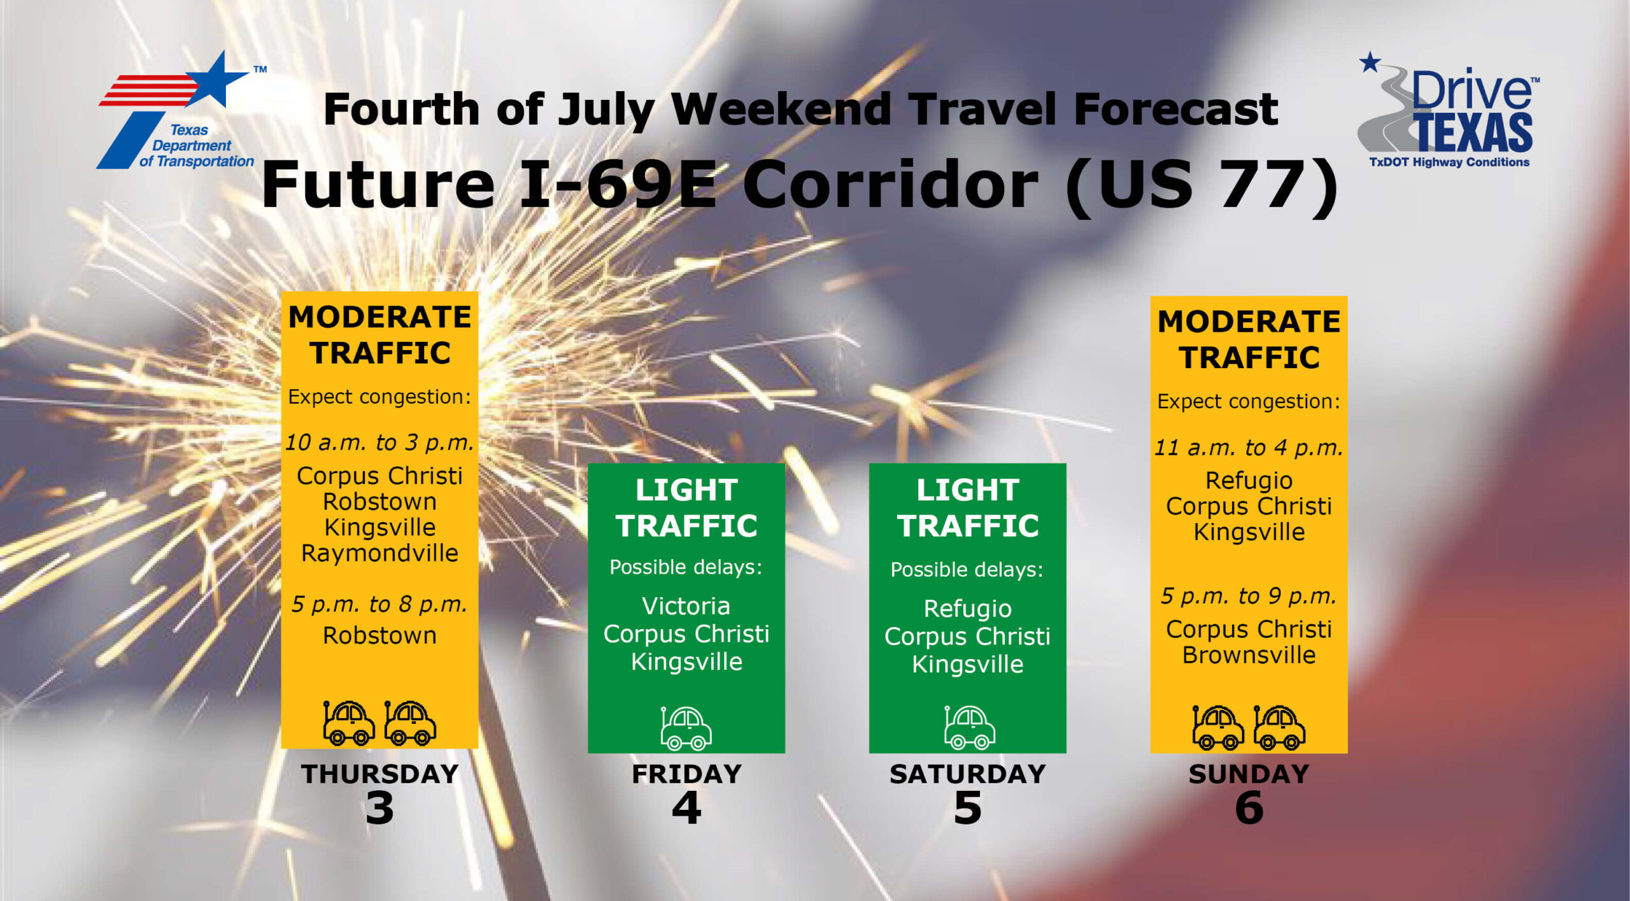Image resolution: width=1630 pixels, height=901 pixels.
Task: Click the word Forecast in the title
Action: [x=1175, y=109]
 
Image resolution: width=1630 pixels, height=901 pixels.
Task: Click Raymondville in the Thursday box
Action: [x=379, y=553]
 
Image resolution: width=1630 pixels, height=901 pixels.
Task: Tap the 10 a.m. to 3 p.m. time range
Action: [x=379, y=442]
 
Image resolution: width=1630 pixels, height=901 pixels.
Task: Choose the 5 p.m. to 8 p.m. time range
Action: [x=379, y=604]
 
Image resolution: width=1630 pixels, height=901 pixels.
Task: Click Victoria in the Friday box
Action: [x=686, y=606]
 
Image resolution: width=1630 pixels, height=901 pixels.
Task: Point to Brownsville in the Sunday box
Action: [x=1249, y=655]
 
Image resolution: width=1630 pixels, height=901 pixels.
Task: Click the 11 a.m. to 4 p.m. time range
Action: [x=1249, y=447]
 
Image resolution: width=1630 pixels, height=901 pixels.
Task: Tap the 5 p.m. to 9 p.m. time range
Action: [x=1249, y=596]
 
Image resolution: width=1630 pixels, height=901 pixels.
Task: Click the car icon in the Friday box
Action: [x=686, y=728]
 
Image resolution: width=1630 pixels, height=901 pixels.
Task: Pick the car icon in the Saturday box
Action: [x=969, y=727]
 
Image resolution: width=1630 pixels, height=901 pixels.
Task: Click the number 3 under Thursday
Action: [x=379, y=808]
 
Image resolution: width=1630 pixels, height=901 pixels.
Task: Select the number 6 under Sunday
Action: [x=1249, y=808]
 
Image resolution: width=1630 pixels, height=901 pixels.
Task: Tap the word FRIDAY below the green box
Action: [x=686, y=774]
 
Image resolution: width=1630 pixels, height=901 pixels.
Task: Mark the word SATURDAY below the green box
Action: [x=968, y=774]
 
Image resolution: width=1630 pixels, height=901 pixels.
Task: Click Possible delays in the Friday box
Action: [x=686, y=567]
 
